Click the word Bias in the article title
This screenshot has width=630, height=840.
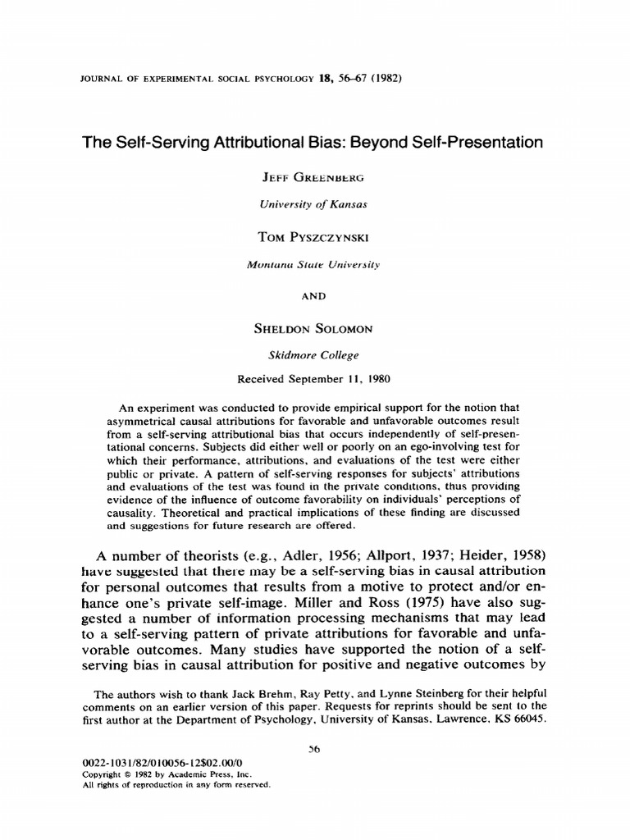354,143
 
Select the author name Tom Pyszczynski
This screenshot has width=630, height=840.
314,237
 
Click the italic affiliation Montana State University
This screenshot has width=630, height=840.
314,265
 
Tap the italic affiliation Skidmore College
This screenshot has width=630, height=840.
314,355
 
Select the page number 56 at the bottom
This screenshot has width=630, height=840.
315,748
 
